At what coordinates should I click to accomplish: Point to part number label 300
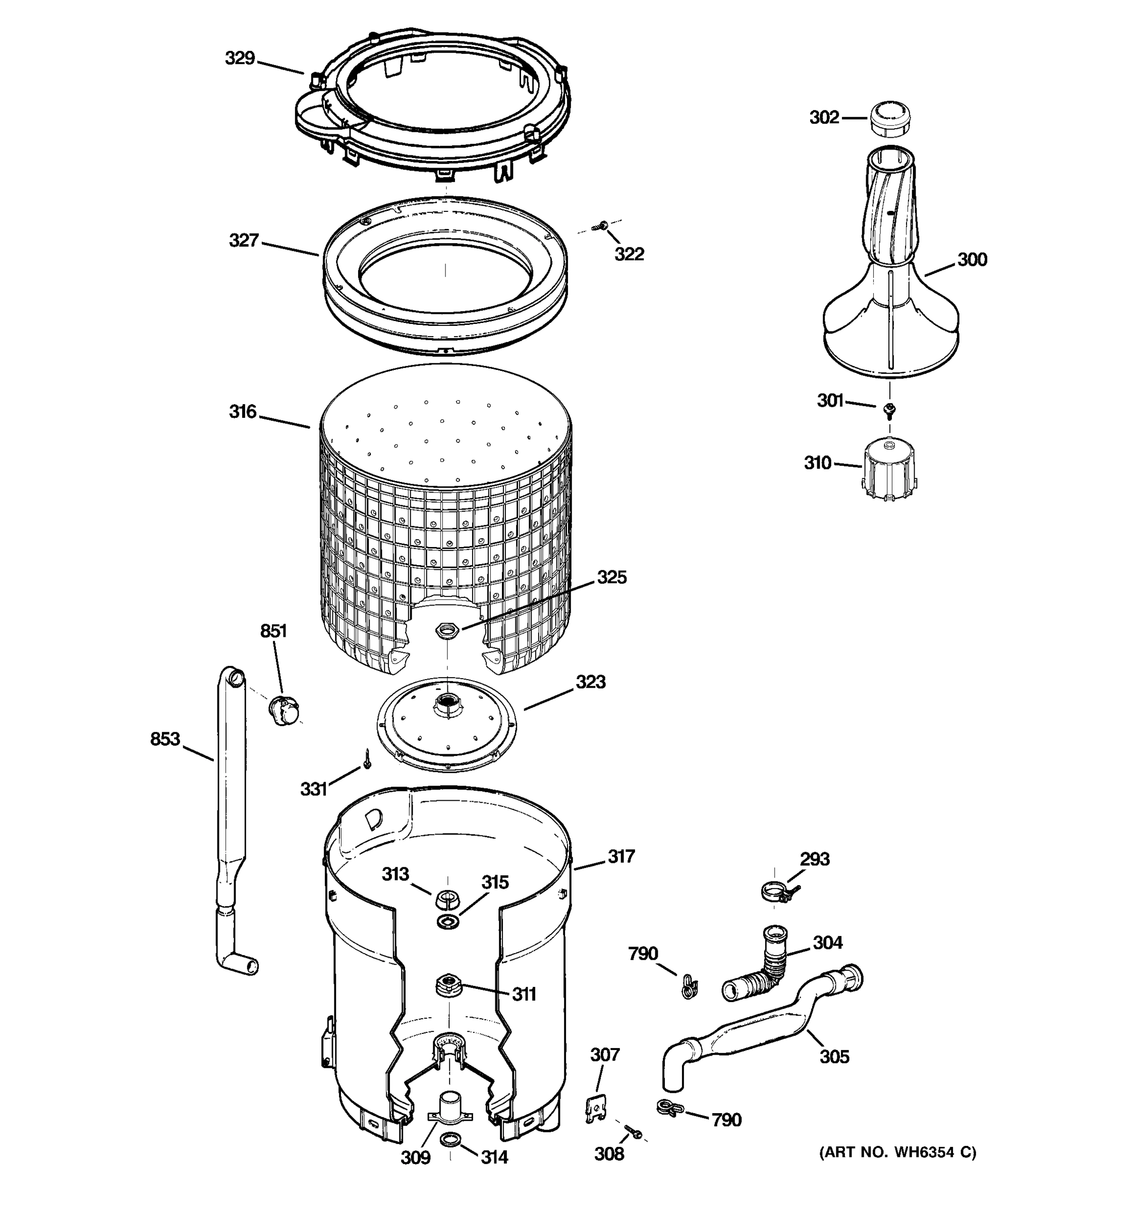[972, 260]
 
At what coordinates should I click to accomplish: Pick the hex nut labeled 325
[447, 630]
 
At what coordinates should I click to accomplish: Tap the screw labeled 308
[633, 1132]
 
